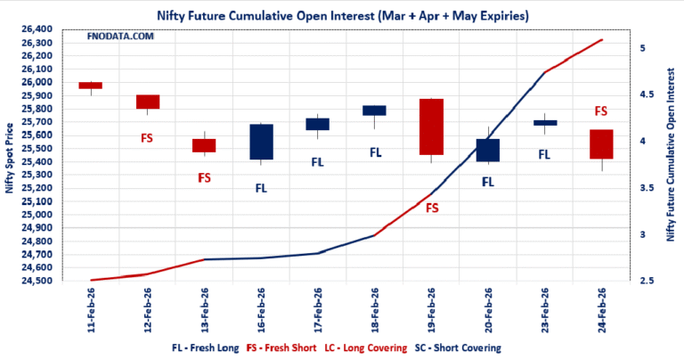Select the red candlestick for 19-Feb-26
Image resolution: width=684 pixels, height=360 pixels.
(x=431, y=127)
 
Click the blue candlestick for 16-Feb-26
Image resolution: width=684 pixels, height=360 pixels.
(x=261, y=142)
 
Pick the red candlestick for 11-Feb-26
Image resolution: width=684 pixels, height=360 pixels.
(x=90, y=86)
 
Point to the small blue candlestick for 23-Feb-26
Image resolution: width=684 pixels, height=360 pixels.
(x=545, y=123)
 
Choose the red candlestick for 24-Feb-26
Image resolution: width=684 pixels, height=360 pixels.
(x=601, y=144)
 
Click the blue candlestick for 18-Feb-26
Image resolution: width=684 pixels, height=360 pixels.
(x=374, y=110)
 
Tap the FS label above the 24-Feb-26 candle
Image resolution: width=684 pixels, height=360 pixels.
(x=601, y=111)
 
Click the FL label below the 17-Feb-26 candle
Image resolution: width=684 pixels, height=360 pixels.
(x=317, y=162)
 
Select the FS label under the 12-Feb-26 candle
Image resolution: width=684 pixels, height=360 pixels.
(x=147, y=138)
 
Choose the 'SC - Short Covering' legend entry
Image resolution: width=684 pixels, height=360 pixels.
(x=452, y=348)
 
